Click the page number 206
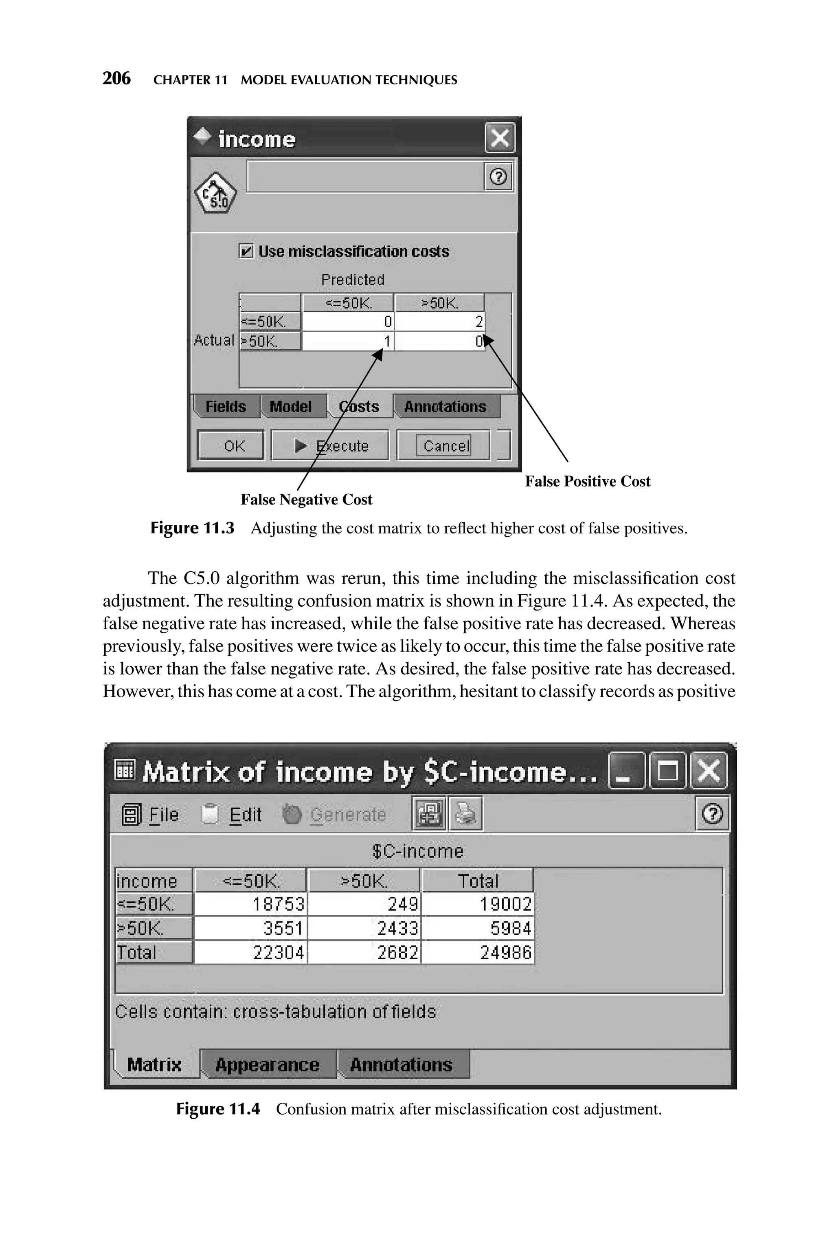116,79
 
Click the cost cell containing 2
439,322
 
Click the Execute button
330,445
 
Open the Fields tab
226,407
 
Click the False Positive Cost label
587,482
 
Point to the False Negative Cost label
306,500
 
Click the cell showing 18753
251,904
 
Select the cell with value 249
365,904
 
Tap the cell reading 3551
251,929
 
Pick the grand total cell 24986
478,952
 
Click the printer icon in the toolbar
466,813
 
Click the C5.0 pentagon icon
215,194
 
